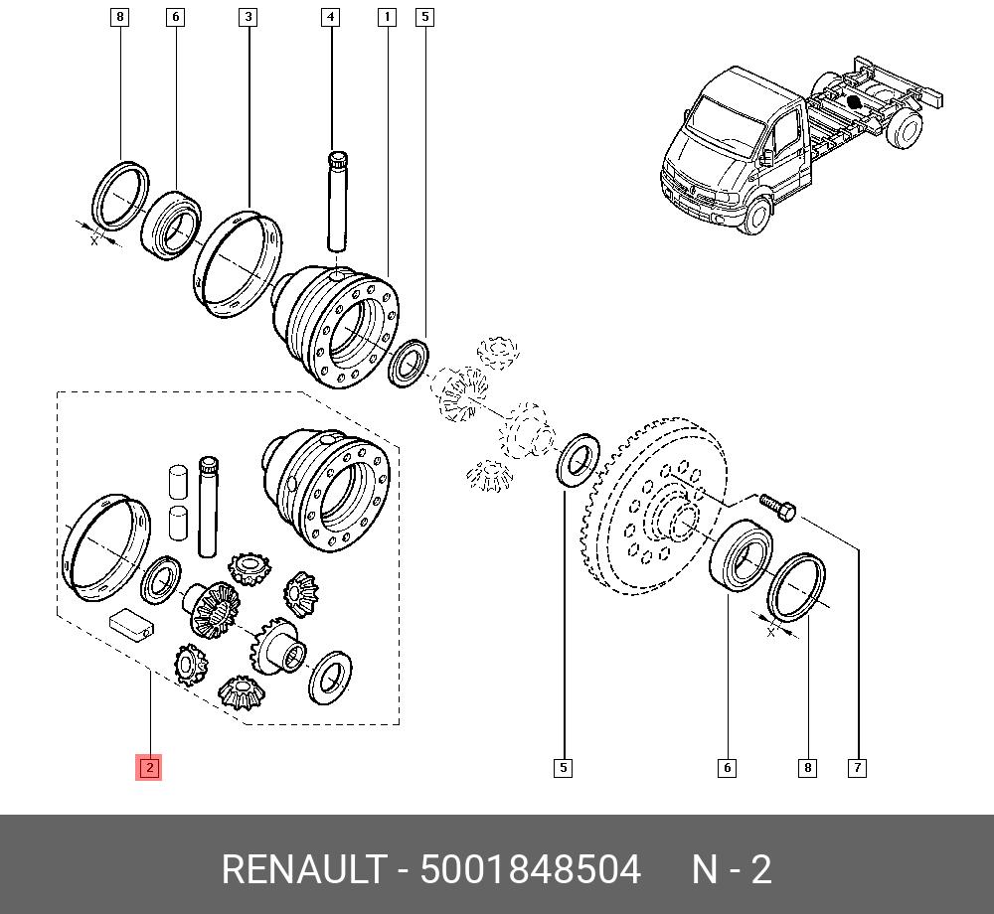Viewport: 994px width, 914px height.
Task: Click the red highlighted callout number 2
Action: click(149, 768)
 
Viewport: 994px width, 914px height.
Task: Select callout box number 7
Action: click(857, 768)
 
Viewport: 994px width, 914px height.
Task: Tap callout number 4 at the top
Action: click(330, 17)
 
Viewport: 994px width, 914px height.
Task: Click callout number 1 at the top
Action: click(387, 17)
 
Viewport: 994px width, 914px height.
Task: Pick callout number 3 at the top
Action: click(248, 17)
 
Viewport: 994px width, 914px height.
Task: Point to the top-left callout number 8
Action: click(120, 17)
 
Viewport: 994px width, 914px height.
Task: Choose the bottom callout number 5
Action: click(563, 768)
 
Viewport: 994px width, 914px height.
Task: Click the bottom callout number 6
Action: click(728, 768)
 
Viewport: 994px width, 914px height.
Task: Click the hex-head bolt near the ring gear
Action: click(778, 507)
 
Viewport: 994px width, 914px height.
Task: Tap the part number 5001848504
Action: click(531, 869)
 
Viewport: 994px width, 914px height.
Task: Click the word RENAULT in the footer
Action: click(304, 869)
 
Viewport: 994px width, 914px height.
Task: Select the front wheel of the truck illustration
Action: click(756, 214)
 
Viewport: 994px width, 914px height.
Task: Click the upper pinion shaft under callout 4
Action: click(337, 201)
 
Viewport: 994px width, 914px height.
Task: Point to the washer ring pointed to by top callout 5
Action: click(409, 363)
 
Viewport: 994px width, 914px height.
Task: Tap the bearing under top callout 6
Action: click(171, 225)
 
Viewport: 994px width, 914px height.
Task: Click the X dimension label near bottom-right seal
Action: click(771, 632)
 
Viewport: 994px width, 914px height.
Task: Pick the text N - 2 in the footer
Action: click(732, 869)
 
